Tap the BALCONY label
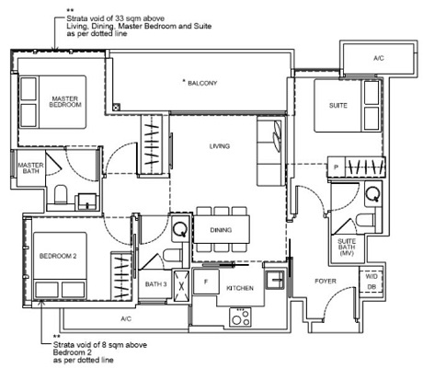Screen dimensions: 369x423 coord(201,84)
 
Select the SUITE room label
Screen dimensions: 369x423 coord(339,106)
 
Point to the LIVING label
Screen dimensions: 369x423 coord(219,146)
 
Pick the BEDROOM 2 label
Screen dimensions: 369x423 coord(58,257)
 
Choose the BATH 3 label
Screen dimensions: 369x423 coord(156,284)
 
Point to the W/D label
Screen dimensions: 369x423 coord(371,275)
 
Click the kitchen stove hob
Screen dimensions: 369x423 coord(241,318)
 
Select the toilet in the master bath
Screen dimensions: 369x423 coord(61,194)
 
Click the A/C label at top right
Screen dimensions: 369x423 coord(379,57)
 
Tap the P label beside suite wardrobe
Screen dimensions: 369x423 coord(336,167)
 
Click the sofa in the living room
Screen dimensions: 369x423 coord(271,152)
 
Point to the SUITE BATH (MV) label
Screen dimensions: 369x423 coord(347,246)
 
